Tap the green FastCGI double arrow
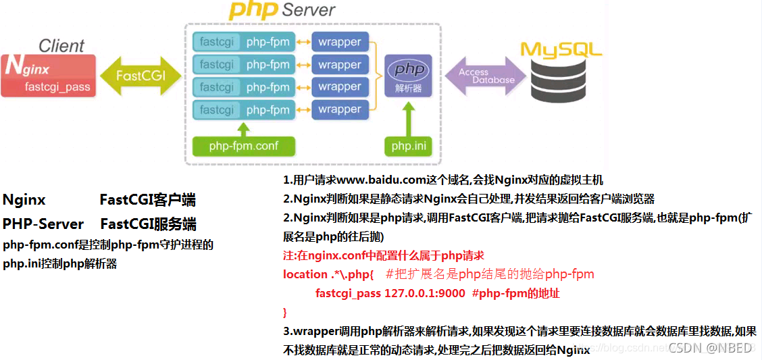click(140, 76)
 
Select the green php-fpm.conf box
click(244, 145)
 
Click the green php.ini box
click(407, 145)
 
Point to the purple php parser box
click(409, 76)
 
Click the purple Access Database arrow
click(484, 76)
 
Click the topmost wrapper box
click(340, 42)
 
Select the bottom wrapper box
click(340, 109)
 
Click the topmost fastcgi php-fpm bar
click(244, 42)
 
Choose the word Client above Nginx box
click(61, 46)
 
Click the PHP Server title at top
click(281, 10)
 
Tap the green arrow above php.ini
click(407, 120)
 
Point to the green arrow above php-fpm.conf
click(244, 128)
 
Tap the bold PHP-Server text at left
click(43, 224)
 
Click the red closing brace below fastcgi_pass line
click(285, 313)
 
